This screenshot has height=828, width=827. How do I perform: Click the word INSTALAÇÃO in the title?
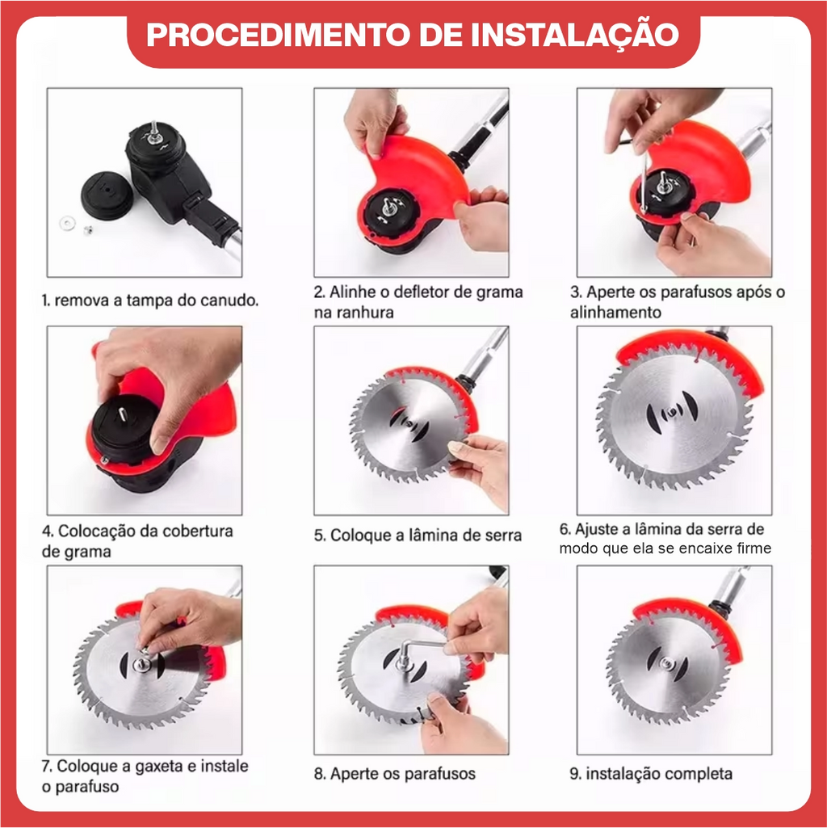(574, 34)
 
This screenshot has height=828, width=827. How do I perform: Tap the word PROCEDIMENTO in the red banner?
(278, 35)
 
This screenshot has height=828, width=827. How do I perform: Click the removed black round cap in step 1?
(107, 195)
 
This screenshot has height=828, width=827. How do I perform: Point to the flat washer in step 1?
(67, 223)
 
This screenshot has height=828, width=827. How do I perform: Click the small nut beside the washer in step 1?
(88, 229)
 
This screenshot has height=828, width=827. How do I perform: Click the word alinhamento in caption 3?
(615, 313)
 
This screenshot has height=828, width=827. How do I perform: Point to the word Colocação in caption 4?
(93, 531)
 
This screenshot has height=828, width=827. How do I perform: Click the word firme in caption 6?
(754, 548)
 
